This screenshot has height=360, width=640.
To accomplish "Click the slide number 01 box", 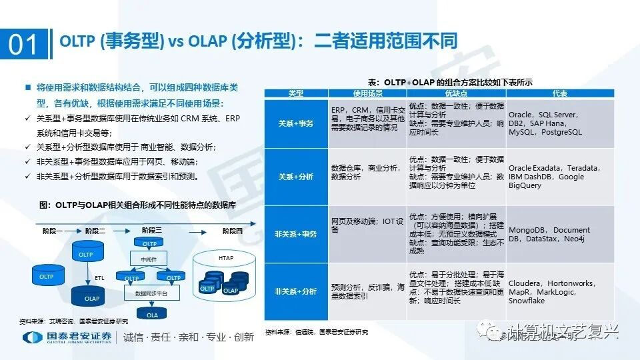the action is [x=25, y=44].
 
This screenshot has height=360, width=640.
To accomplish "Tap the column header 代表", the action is [x=560, y=93].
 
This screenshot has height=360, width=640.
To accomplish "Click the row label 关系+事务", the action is [x=296, y=124].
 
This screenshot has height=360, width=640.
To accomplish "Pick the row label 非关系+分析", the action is [x=296, y=291].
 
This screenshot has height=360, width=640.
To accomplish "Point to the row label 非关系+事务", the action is [x=296, y=234].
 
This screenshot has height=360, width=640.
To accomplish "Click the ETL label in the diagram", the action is [x=99, y=277].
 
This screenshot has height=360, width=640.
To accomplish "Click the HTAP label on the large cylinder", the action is [x=226, y=257].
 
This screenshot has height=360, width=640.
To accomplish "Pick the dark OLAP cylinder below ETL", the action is [x=91, y=297].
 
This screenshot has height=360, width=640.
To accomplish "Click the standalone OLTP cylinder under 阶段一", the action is [x=46, y=276].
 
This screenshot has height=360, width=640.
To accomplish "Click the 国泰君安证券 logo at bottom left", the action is [x=67, y=337].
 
